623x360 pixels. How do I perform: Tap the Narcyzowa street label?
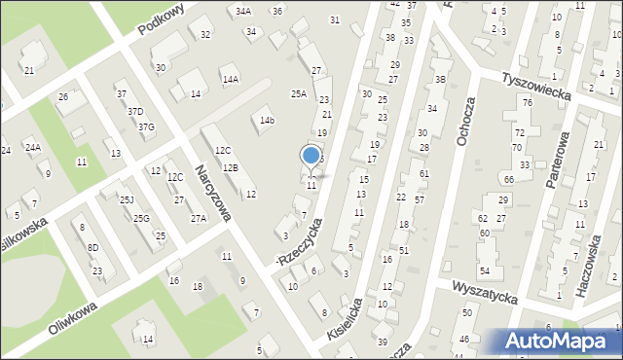tap(211, 191)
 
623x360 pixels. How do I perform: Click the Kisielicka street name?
tap(346, 316)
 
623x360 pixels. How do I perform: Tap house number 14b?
tap(267, 121)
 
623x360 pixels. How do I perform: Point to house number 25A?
tap(299, 94)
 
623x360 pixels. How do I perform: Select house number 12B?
tap(231, 168)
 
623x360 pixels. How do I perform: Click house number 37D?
tap(136, 112)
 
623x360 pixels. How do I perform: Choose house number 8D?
tap(92, 248)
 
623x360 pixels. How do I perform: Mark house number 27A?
tap(199, 219)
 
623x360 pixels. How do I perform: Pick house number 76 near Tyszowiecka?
tap(527, 103)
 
